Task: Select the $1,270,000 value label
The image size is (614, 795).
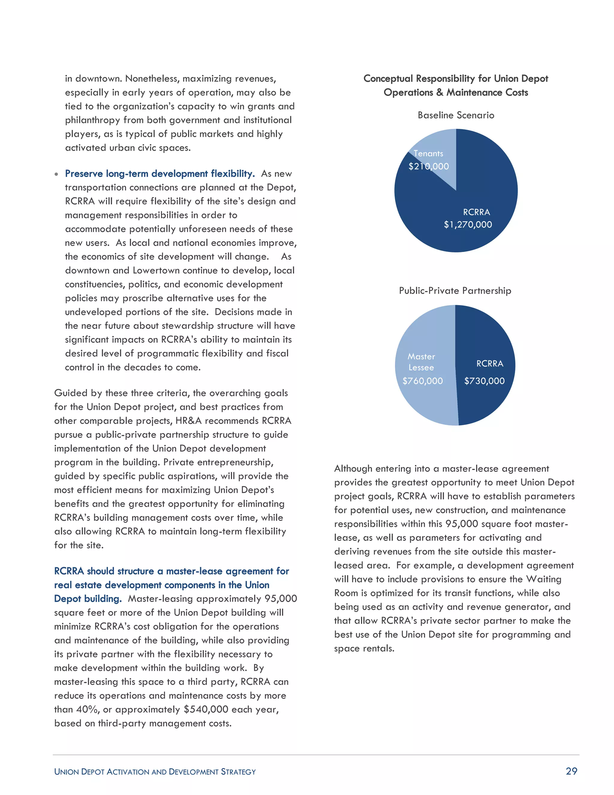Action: (x=468, y=225)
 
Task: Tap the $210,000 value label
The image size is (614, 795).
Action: (x=428, y=166)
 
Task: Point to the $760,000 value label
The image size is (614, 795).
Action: (x=422, y=381)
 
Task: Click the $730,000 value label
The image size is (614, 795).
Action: (x=484, y=381)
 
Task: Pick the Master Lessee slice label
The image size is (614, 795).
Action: (x=421, y=362)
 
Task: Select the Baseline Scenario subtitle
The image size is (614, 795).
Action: (x=456, y=115)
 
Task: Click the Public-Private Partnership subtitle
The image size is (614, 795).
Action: (x=455, y=291)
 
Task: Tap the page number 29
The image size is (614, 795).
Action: (x=571, y=771)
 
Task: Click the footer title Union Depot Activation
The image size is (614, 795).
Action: (x=155, y=772)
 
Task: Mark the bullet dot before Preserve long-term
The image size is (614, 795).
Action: (x=56, y=174)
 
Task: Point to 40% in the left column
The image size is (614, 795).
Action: (x=85, y=709)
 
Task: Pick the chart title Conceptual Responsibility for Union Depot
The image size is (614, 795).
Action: (x=456, y=79)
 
